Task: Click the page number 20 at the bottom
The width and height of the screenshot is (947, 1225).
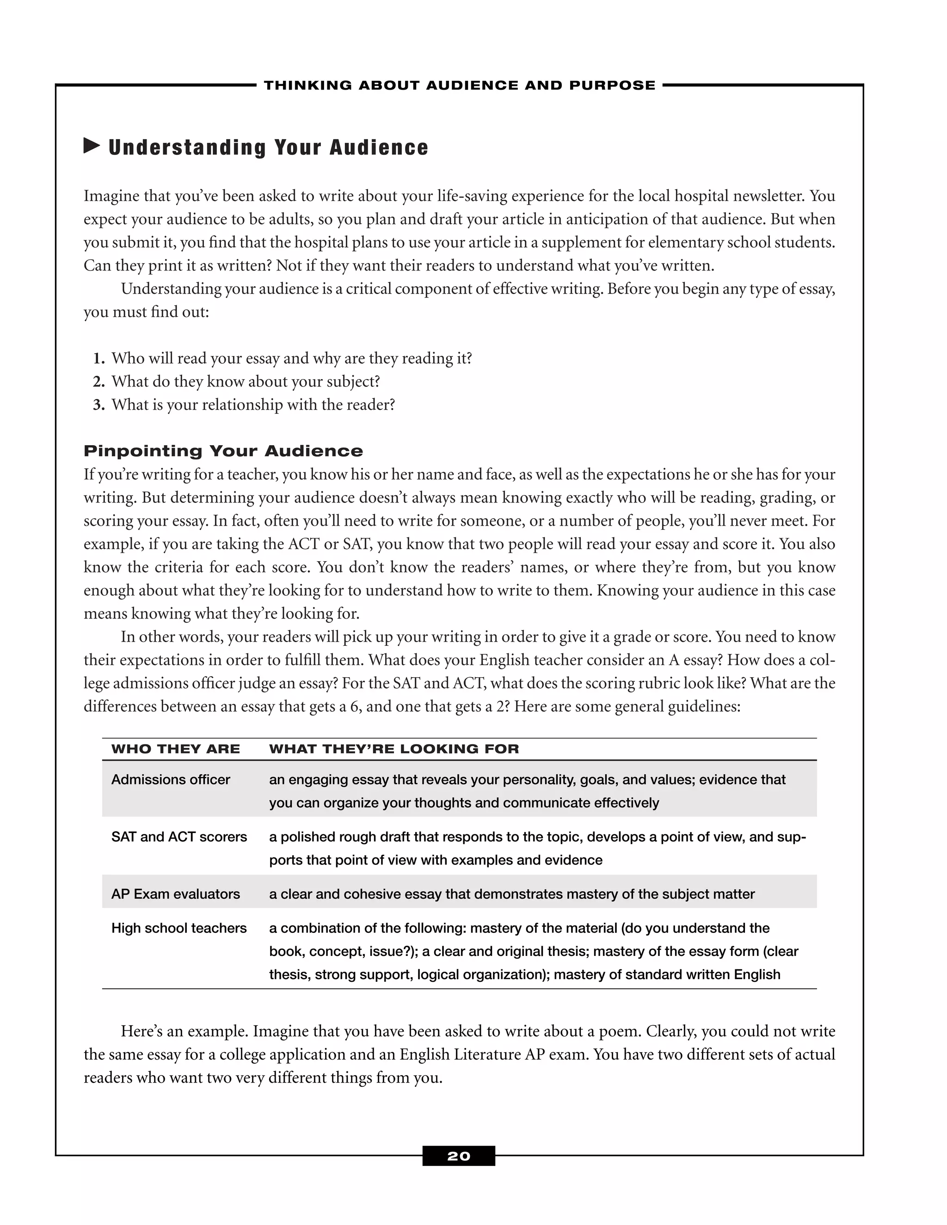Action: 458,1156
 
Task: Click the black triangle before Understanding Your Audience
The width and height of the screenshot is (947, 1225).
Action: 92,147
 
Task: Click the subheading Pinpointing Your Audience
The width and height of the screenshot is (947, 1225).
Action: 223,451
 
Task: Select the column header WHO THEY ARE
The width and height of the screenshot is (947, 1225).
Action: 175,749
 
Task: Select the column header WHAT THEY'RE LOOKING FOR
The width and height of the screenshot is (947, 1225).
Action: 394,749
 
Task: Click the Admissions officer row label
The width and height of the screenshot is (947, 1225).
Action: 171,780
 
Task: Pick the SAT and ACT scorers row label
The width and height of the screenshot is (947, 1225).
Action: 178,837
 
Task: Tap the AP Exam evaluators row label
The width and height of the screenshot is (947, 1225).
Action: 175,894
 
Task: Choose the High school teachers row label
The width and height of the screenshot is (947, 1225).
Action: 178,928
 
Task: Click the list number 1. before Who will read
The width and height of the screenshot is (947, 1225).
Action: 99,358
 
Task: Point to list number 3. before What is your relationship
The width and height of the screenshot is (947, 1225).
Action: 99,405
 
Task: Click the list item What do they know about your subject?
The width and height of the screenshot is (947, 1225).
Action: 245,381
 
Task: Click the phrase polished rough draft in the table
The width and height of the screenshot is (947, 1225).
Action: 338,837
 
